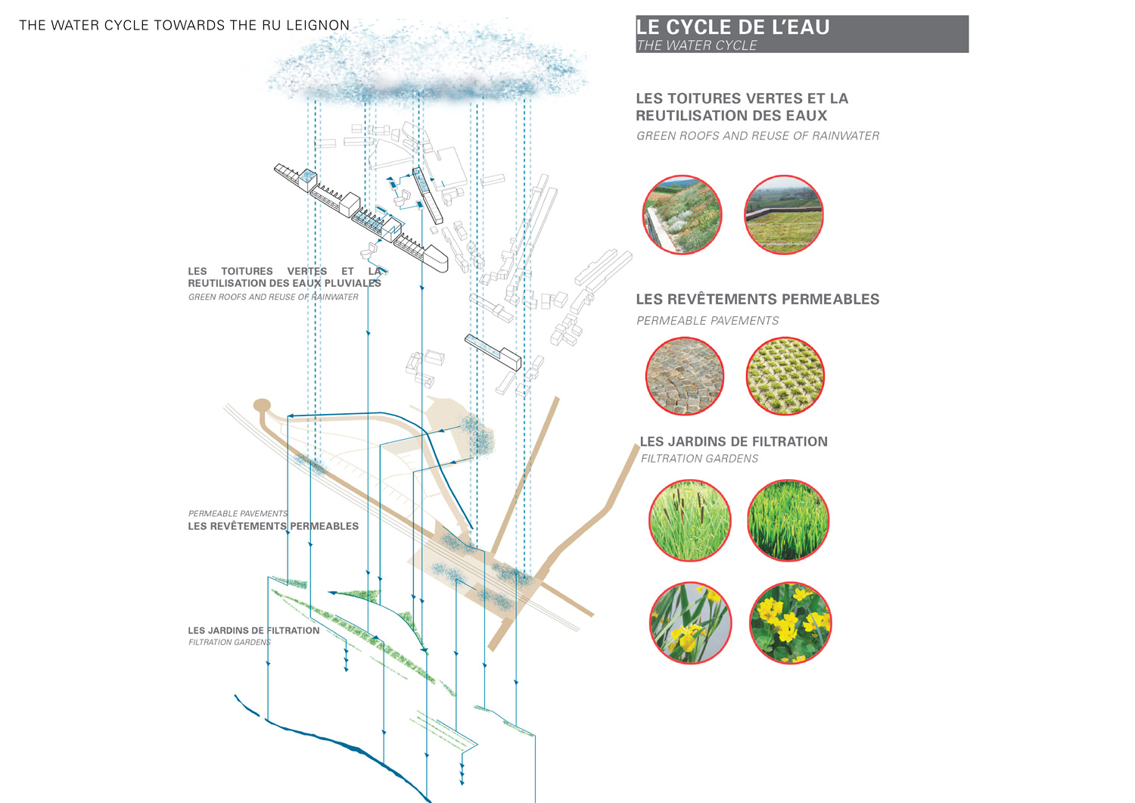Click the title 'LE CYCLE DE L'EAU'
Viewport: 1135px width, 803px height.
coord(732,27)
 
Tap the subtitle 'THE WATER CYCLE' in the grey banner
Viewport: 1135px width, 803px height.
coord(696,45)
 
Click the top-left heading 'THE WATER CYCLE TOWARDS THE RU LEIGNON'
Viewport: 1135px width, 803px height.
coord(184,25)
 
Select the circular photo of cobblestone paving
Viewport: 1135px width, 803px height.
coord(684,376)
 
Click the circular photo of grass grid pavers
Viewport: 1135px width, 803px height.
coord(785,376)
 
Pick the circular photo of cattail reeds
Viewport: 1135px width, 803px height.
coord(689,521)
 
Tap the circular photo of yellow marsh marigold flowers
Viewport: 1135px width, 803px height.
coord(790,623)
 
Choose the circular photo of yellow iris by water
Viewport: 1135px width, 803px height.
coord(690,623)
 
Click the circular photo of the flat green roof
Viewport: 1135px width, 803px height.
coord(783,215)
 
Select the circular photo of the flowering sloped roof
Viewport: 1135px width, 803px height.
coord(682,215)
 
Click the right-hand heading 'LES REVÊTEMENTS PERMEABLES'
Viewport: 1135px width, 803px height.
coord(757,299)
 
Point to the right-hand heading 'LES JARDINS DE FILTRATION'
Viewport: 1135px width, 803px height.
coord(733,441)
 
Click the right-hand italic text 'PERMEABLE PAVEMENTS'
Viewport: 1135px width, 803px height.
coord(707,321)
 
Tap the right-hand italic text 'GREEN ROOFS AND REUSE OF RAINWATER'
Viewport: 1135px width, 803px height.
coord(757,136)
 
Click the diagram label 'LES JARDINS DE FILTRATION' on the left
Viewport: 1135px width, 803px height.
coord(253,630)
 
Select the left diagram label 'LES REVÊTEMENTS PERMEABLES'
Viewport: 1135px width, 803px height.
coord(273,526)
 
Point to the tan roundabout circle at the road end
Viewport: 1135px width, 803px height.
coord(262,405)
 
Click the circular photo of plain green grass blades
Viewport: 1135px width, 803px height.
coord(788,521)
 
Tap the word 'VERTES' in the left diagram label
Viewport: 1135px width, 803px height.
coord(306,271)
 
